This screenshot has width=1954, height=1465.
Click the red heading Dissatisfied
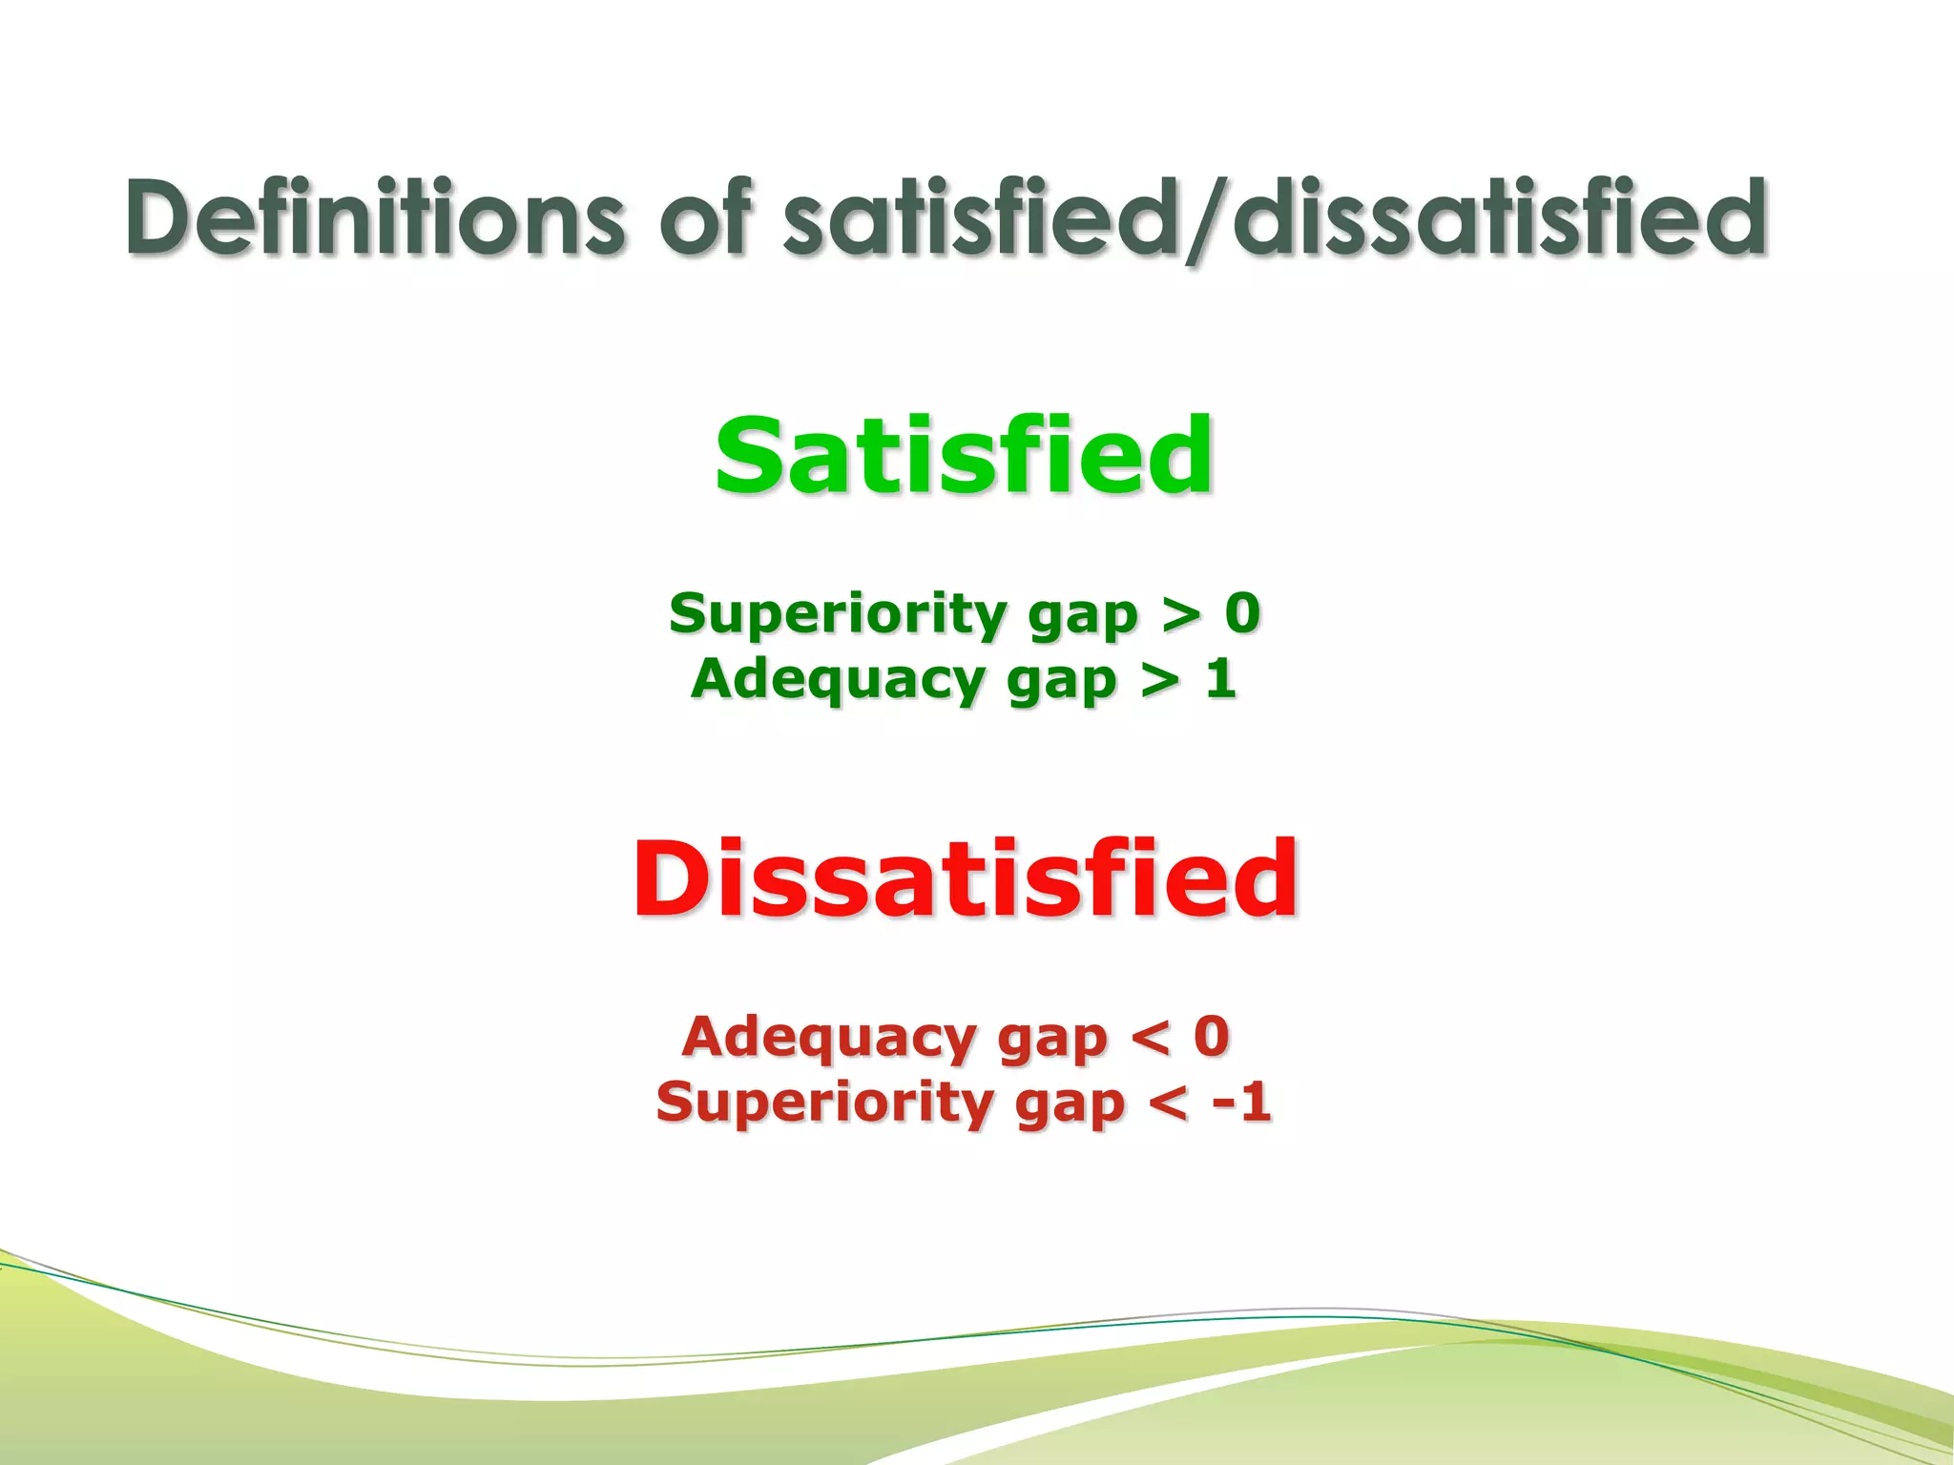pos(964,878)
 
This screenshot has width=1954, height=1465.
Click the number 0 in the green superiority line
pos(1242,612)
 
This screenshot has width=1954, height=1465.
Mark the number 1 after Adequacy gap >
pos(1220,679)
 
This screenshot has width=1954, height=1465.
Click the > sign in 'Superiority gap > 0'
pos(1181,614)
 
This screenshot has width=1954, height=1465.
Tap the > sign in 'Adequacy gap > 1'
pos(1160,681)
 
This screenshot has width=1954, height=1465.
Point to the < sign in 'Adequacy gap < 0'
pos(1150,1038)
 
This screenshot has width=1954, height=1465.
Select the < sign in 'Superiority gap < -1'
pos(1168,1104)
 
